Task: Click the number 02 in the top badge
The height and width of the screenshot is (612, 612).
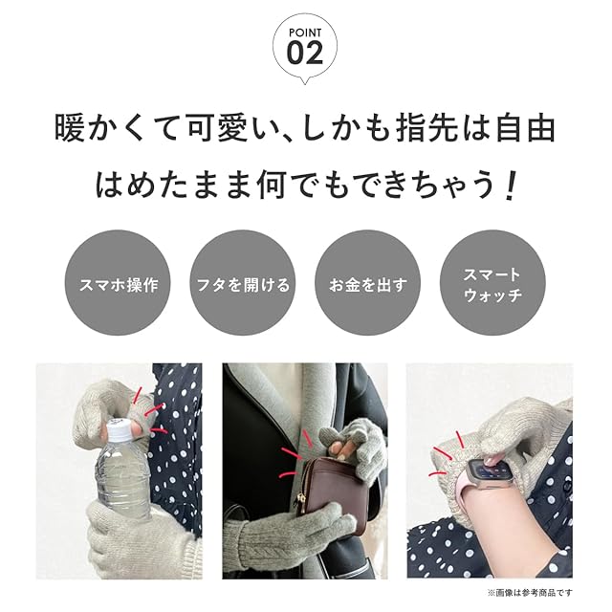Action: click(x=305, y=54)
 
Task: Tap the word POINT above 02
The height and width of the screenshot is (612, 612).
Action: click(x=305, y=33)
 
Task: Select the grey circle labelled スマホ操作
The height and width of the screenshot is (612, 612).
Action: click(x=118, y=283)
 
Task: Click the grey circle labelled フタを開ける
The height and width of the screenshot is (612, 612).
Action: click(x=243, y=283)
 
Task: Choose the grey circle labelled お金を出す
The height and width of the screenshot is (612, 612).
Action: click(x=367, y=283)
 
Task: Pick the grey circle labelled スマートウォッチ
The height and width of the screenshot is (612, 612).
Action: click(x=492, y=283)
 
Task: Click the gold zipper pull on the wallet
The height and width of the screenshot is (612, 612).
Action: click(x=302, y=497)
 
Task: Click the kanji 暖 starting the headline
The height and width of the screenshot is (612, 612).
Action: click(x=70, y=127)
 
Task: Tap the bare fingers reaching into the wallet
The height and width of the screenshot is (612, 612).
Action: click(x=340, y=449)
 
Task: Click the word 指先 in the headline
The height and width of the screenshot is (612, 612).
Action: click(x=427, y=127)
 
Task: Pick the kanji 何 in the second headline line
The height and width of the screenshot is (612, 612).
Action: click(x=271, y=185)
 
